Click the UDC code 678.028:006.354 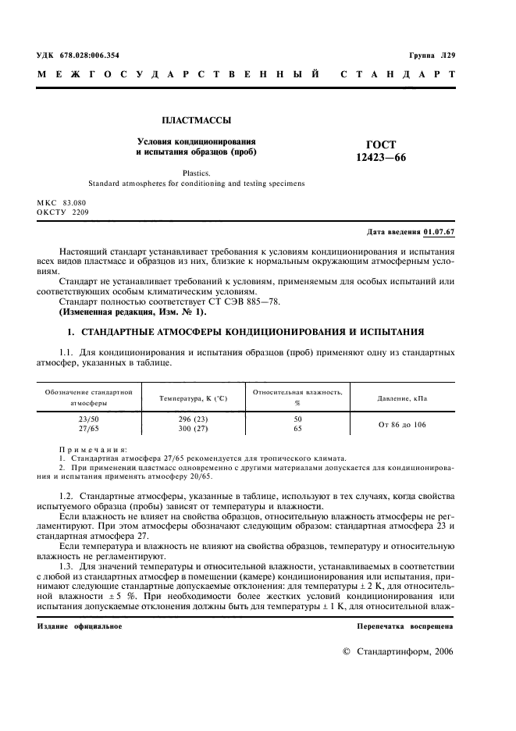88,56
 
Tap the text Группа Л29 432,56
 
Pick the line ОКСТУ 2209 63,212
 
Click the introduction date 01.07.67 439,233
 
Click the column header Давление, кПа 402,398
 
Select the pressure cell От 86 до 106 402,424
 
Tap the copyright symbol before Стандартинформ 347,651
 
